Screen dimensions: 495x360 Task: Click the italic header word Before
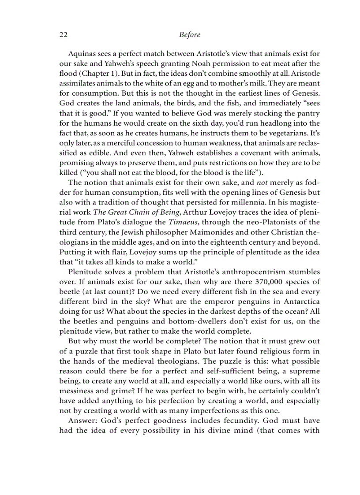click(x=190, y=34)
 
